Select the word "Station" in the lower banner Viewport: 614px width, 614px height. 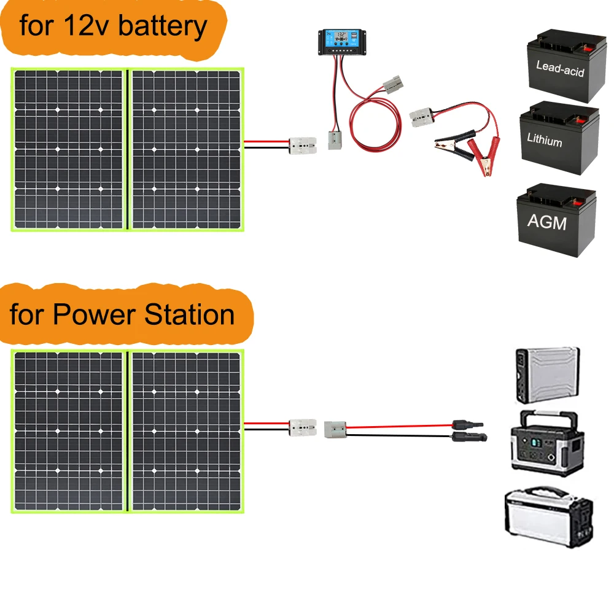coord(190,314)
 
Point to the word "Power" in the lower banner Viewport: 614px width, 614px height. coord(95,314)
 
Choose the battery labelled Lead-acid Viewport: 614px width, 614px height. coord(560,68)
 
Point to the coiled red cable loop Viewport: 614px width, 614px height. coord(375,126)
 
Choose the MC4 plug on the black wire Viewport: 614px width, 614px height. coord(470,437)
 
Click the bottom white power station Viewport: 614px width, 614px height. coord(548,517)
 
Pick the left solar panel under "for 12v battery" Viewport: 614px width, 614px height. coord(69,149)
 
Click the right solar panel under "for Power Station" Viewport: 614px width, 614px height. coord(186,430)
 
